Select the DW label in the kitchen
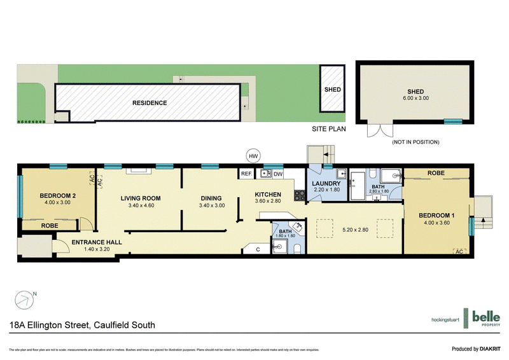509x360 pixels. click(x=278, y=173)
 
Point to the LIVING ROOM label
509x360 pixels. click(x=141, y=198)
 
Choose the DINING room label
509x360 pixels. click(x=212, y=198)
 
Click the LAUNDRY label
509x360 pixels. click(x=327, y=184)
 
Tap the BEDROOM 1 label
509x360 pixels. click(x=437, y=216)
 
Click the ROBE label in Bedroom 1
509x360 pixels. click(x=436, y=172)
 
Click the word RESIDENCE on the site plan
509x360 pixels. click(x=150, y=102)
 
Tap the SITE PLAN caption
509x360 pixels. click(x=328, y=129)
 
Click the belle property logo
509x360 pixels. click(x=486, y=318)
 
